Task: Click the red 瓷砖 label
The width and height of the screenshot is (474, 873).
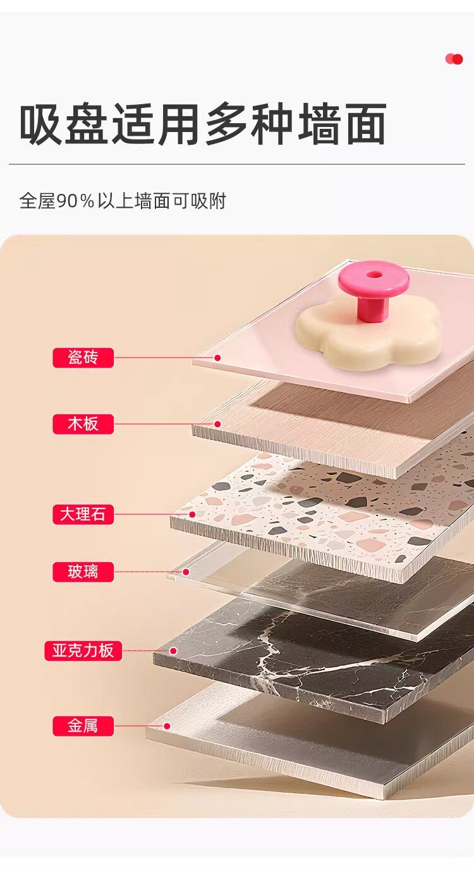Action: (x=83, y=358)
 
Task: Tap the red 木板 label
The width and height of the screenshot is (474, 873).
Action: (x=83, y=424)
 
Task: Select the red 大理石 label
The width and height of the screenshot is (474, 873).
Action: (x=83, y=514)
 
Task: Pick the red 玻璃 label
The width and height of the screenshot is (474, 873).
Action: (x=83, y=572)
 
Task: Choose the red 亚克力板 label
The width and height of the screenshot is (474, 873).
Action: (x=83, y=651)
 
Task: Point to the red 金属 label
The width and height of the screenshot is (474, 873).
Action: (x=83, y=726)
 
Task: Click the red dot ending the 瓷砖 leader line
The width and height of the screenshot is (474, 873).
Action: (x=218, y=358)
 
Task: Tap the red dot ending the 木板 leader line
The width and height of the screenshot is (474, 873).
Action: (x=218, y=424)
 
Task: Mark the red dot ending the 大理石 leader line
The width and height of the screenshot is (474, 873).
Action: (x=192, y=514)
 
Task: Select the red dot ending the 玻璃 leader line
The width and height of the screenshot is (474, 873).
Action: (x=186, y=572)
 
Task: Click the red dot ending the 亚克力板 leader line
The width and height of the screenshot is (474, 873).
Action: (x=173, y=651)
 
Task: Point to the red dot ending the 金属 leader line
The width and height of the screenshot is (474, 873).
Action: (x=167, y=726)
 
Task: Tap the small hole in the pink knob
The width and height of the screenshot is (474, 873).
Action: (x=374, y=275)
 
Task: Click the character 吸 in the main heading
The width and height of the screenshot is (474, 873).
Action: (x=41, y=124)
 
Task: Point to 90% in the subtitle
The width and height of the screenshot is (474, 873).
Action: (x=76, y=201)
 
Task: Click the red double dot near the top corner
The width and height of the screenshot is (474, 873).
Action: (x=454, y=59)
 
